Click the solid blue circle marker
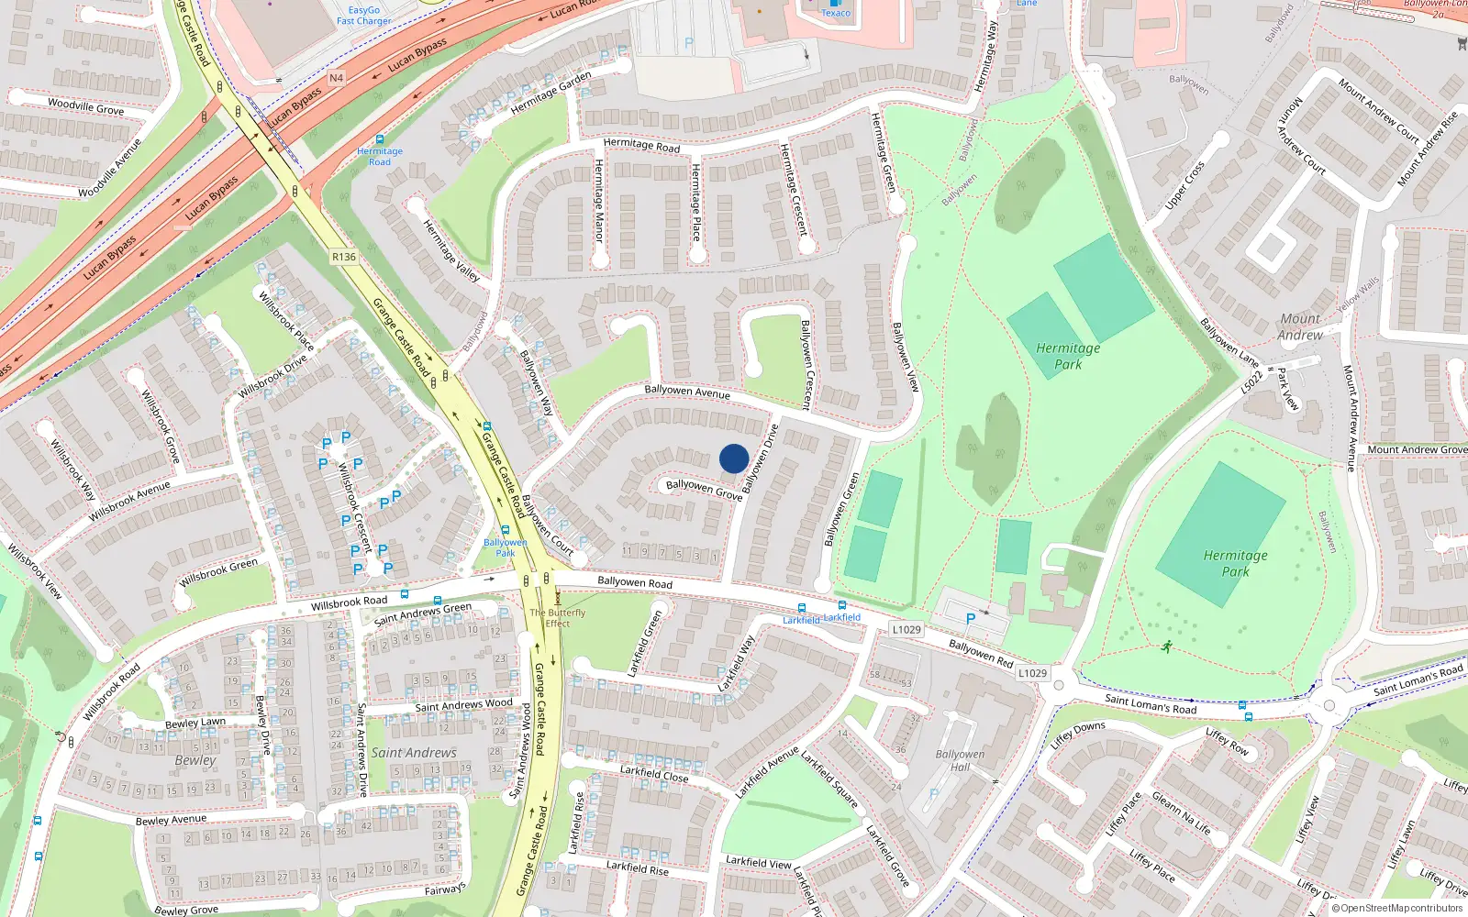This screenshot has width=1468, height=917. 734,458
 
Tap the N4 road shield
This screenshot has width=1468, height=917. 336,78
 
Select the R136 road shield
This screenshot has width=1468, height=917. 344,257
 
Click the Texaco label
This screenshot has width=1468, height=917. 836,13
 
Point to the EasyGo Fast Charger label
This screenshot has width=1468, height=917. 363,16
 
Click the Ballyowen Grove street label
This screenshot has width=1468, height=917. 704,489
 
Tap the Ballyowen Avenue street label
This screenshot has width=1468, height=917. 687,392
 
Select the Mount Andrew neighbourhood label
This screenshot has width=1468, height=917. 1300,326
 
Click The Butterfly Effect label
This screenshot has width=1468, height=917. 557,617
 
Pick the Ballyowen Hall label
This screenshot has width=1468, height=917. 960,760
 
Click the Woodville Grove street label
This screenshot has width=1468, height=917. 85,106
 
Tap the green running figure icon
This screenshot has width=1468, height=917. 1166,646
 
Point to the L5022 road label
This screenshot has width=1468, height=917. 1252,381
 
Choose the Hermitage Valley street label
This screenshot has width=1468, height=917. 450,249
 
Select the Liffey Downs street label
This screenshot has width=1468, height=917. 1078,735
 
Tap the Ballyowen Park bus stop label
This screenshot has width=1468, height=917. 506,547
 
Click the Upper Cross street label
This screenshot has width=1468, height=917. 1184,186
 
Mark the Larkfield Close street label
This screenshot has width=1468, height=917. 653,773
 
